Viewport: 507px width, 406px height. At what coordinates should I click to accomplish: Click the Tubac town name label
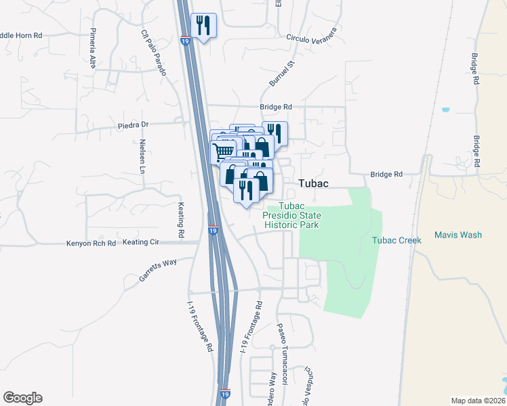click(x=314, y=184)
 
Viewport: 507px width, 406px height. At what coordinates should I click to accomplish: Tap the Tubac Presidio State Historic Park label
click(x=293, y=215)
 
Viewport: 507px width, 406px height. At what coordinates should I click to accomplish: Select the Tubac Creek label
click(x=397, y=240)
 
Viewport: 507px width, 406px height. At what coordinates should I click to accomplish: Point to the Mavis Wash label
click(x=459, y=235)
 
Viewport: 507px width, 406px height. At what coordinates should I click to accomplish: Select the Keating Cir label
click(x=140, y=242)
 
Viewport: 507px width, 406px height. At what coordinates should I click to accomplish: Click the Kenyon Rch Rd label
click(x=91, y=242)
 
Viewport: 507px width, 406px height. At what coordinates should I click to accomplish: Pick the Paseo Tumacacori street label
click(x=281, y=344)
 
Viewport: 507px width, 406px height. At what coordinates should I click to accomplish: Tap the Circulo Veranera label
click(x=311, y=37)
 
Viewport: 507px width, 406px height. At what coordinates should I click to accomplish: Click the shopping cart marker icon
click(x=225, y=151)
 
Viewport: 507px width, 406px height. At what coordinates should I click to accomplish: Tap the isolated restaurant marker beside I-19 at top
click(x=203, y=26)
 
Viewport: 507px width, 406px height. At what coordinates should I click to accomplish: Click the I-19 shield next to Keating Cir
click(x=212, y=231)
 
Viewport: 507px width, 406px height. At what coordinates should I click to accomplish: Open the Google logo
click(x=22, y=398)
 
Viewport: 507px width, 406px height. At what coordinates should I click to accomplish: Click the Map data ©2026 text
click(x=478, y=401)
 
